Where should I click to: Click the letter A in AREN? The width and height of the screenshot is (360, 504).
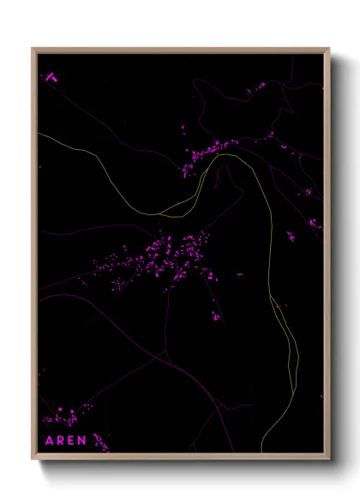(x=49, y=441)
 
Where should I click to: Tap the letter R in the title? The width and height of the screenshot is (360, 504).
(x=60, y=441)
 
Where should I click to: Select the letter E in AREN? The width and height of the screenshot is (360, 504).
(x=71, y=441)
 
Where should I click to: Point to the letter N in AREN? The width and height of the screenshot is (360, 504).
(x=82, y=441)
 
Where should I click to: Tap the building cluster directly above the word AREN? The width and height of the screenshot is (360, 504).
(x=62, y=418)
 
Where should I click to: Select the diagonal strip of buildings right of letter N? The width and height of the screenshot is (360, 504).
(x=100, y=441)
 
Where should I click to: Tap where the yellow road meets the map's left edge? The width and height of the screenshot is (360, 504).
(x=39, y=134)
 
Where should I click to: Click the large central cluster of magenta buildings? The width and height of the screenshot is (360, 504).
(x=167, y=257)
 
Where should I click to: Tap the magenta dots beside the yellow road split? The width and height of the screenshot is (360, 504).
(x=282, y=304)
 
